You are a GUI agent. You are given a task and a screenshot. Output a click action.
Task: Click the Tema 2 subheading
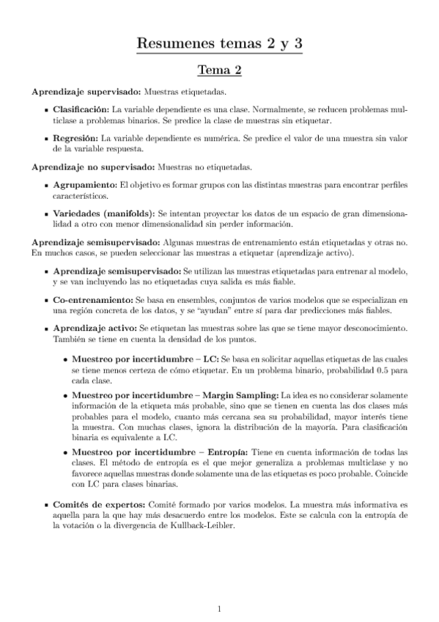pyautogui.click(x=219, y=70)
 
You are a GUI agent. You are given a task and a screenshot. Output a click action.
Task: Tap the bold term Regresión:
pyautogui.click(x=72, y=137)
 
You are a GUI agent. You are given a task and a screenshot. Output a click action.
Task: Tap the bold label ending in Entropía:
pyautogui.click(x=170, y=452)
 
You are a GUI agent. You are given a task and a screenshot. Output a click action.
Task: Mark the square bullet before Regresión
pyautogui.click(x=46, y=137)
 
